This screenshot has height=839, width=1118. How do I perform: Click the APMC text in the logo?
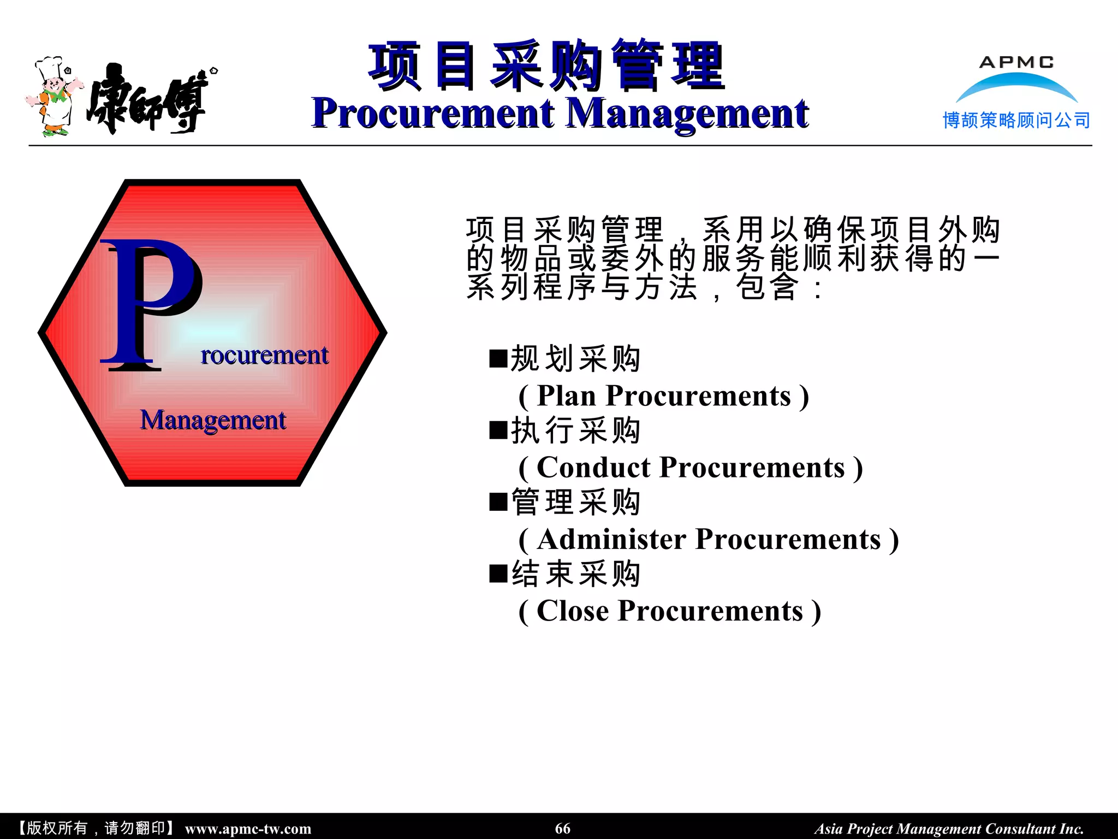click(x=1016, y=62)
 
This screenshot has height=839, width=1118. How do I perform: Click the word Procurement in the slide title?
click(x=432, y=114)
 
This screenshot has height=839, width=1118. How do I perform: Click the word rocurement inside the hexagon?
click(x=264, y=356)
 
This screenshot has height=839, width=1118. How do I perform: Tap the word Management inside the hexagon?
click(x=212, y=421)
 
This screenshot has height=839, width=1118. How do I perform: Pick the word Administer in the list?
click(x=611, y=540)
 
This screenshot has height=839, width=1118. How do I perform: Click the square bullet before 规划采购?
click(x=498, y=359)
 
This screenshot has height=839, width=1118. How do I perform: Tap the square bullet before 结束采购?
click(x=498, y=574)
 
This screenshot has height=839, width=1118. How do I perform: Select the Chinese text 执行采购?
click(x=575, y=431)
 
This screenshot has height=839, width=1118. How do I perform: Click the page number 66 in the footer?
click(x=562, y=829)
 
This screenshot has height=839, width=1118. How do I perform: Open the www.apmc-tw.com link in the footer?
click(x=248, y=829)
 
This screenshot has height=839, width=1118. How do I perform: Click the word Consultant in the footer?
click(x=1020, y=829)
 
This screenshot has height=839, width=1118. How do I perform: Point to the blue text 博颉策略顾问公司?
click(x=1016, y=120)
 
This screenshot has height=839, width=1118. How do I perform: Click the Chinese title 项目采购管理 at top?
click(x=546, y=66)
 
